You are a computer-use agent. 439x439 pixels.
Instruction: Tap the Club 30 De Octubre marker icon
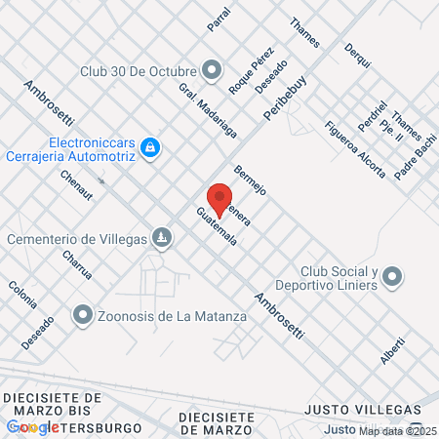click(212, 69)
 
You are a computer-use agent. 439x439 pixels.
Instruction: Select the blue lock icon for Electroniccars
click(149, 147)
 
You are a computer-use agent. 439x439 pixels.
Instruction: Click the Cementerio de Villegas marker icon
click(162, 238)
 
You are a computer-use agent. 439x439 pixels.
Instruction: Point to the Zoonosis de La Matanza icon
click(83, 315)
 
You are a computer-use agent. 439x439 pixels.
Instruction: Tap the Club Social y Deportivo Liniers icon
click(392, 278)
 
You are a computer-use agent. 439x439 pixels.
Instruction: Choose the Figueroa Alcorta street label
click(355, 150)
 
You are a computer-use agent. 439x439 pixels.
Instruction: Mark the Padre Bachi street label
click(416, 159)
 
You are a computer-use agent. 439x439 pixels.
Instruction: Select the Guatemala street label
click(216, 232)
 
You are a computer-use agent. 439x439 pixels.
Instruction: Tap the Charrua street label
click(77, 263)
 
